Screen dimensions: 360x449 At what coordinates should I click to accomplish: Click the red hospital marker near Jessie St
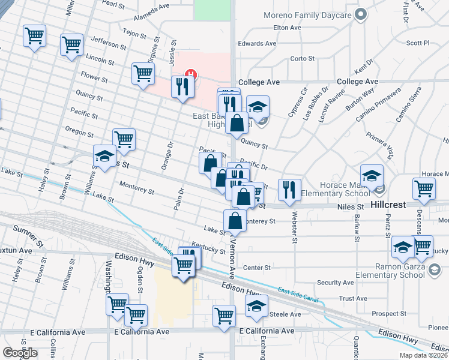[191, 74]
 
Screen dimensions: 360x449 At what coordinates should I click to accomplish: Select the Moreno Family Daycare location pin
[361, 14]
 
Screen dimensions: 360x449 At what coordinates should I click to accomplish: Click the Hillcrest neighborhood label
[388, 205]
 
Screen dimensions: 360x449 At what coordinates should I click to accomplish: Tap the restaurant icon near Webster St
[289, 190]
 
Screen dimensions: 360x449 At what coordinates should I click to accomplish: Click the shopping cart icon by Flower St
[143, 74]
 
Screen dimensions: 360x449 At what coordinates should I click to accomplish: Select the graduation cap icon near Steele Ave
[256, 305]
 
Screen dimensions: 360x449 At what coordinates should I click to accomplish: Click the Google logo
[20, 353]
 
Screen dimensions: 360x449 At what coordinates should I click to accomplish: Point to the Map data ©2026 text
[423, 355]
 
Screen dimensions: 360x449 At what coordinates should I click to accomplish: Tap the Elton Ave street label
[286, 28]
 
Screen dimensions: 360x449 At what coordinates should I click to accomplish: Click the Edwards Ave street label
[257, 44]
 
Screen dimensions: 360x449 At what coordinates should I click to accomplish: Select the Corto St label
[303, 59]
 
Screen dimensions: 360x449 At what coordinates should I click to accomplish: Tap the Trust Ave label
[353, 298]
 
